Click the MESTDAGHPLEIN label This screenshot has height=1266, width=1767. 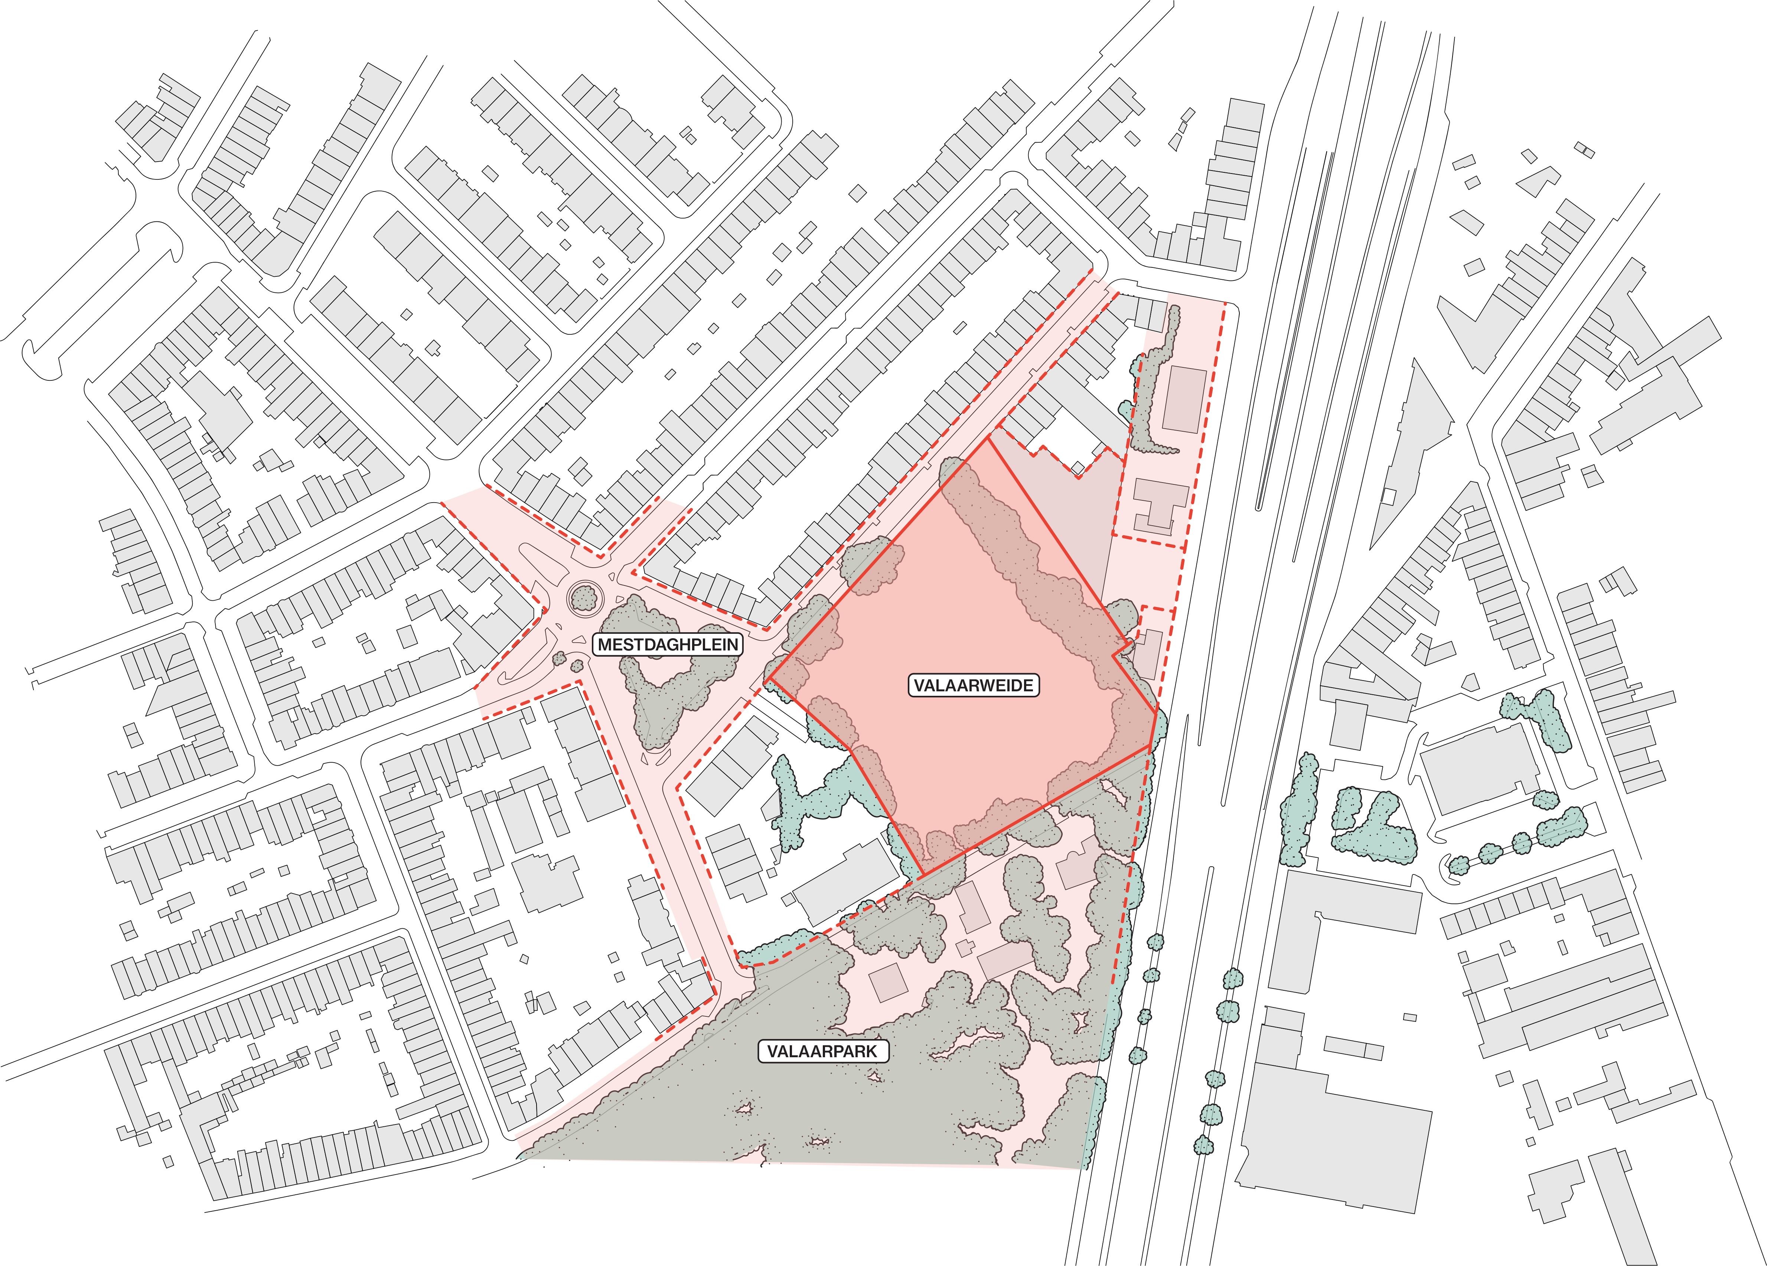(668, 645)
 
